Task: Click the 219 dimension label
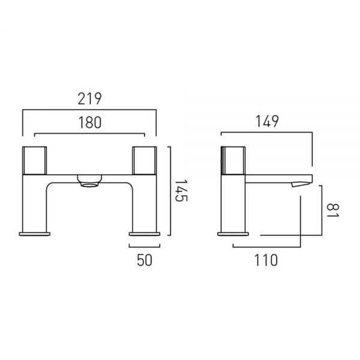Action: tap(89, 99)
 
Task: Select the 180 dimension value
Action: tap(90, 122)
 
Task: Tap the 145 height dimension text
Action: tap(181, 190)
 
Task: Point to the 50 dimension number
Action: tap(145, 260)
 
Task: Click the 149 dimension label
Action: tap(267, 121)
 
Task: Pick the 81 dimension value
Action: tap(332, 210)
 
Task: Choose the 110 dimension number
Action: tap(266, 260)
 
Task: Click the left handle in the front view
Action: tap(35, 160)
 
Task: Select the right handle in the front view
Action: tap(145, 160)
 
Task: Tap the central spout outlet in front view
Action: tap(89, 181)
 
